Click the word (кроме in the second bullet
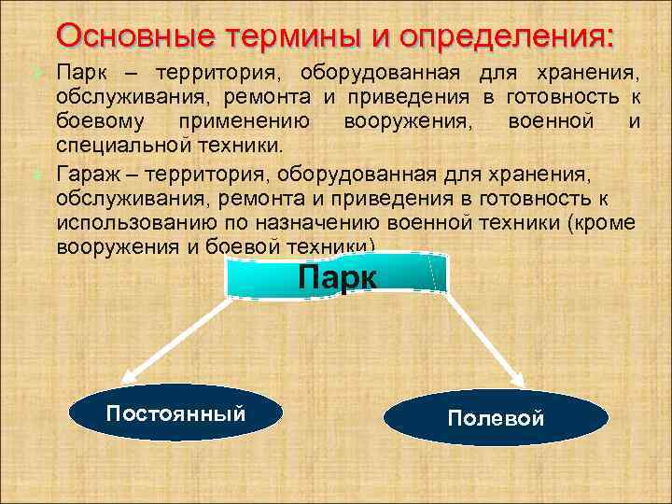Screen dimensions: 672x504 click(603, 223)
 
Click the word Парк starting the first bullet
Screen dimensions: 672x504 click(79, 72)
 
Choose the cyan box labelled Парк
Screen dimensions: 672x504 click(337, 277)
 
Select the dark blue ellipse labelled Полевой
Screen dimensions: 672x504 click(495, 417)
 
